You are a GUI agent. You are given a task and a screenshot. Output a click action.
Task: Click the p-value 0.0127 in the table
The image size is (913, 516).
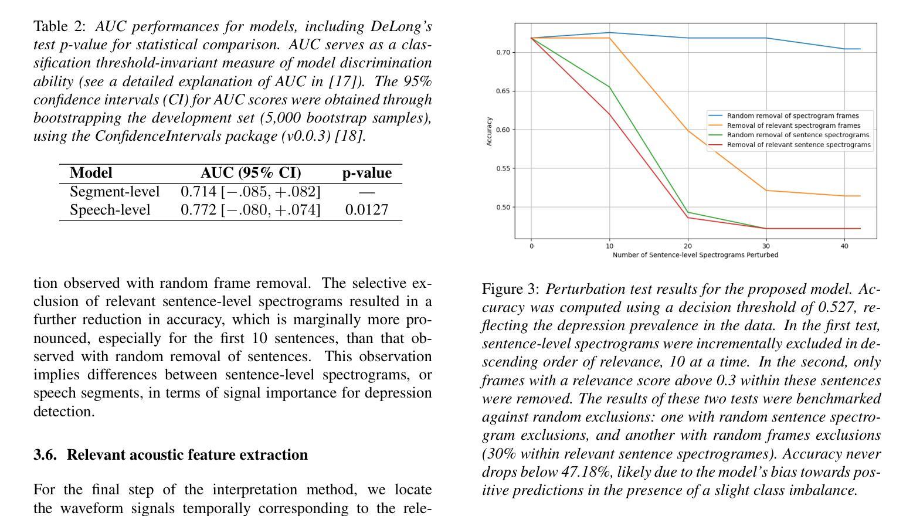pos(366,209)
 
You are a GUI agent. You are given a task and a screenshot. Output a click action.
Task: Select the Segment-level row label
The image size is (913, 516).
pos(114,192)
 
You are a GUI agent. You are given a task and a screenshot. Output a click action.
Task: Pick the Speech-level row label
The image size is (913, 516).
pos(110,210)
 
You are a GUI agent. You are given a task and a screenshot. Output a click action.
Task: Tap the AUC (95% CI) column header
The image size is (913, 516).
pos(250,173)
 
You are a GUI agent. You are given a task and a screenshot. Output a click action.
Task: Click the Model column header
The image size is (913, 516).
pos(91,173)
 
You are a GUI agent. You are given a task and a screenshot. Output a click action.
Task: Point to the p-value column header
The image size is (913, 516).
pos(367,173)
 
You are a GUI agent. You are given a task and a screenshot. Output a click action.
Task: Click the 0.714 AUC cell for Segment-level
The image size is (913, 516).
pos(250,192)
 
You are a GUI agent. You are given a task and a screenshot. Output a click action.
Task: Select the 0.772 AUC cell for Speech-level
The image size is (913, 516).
pos(250,210)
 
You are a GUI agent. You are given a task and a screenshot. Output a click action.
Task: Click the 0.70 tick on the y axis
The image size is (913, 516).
pos(503,53)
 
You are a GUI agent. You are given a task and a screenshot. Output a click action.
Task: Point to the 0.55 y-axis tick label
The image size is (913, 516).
pos(503,168)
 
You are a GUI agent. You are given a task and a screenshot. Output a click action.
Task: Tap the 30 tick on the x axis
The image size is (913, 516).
pos(766,246)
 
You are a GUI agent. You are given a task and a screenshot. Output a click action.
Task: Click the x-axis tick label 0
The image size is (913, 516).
pos(531,246)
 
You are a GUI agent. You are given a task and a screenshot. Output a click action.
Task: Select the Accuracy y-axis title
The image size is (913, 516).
pos(489,131)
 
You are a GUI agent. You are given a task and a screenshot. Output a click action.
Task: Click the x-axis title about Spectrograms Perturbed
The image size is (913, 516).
pos(695,255)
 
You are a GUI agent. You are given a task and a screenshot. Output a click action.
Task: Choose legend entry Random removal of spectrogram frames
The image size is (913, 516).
pos(793,116)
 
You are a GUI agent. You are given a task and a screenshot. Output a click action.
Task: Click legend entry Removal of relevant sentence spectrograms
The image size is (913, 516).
pos(799,145)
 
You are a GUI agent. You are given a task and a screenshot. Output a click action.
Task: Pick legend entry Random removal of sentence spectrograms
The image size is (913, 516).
pos(797,135)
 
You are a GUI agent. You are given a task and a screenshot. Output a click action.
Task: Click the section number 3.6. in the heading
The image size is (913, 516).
pos(45,455)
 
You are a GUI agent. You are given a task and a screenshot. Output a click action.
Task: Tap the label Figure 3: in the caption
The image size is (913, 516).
pos(510,289)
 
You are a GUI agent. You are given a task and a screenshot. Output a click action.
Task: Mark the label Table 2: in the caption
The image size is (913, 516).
pos(59,26)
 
